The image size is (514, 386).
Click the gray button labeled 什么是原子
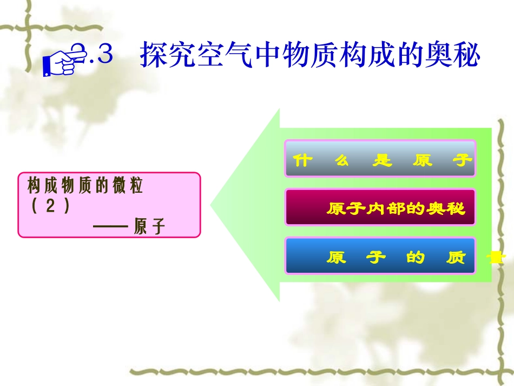[x=380, y=159]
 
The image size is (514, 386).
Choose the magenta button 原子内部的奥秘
[x=380, y=207]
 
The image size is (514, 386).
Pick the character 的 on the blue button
[x=416, y=258]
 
